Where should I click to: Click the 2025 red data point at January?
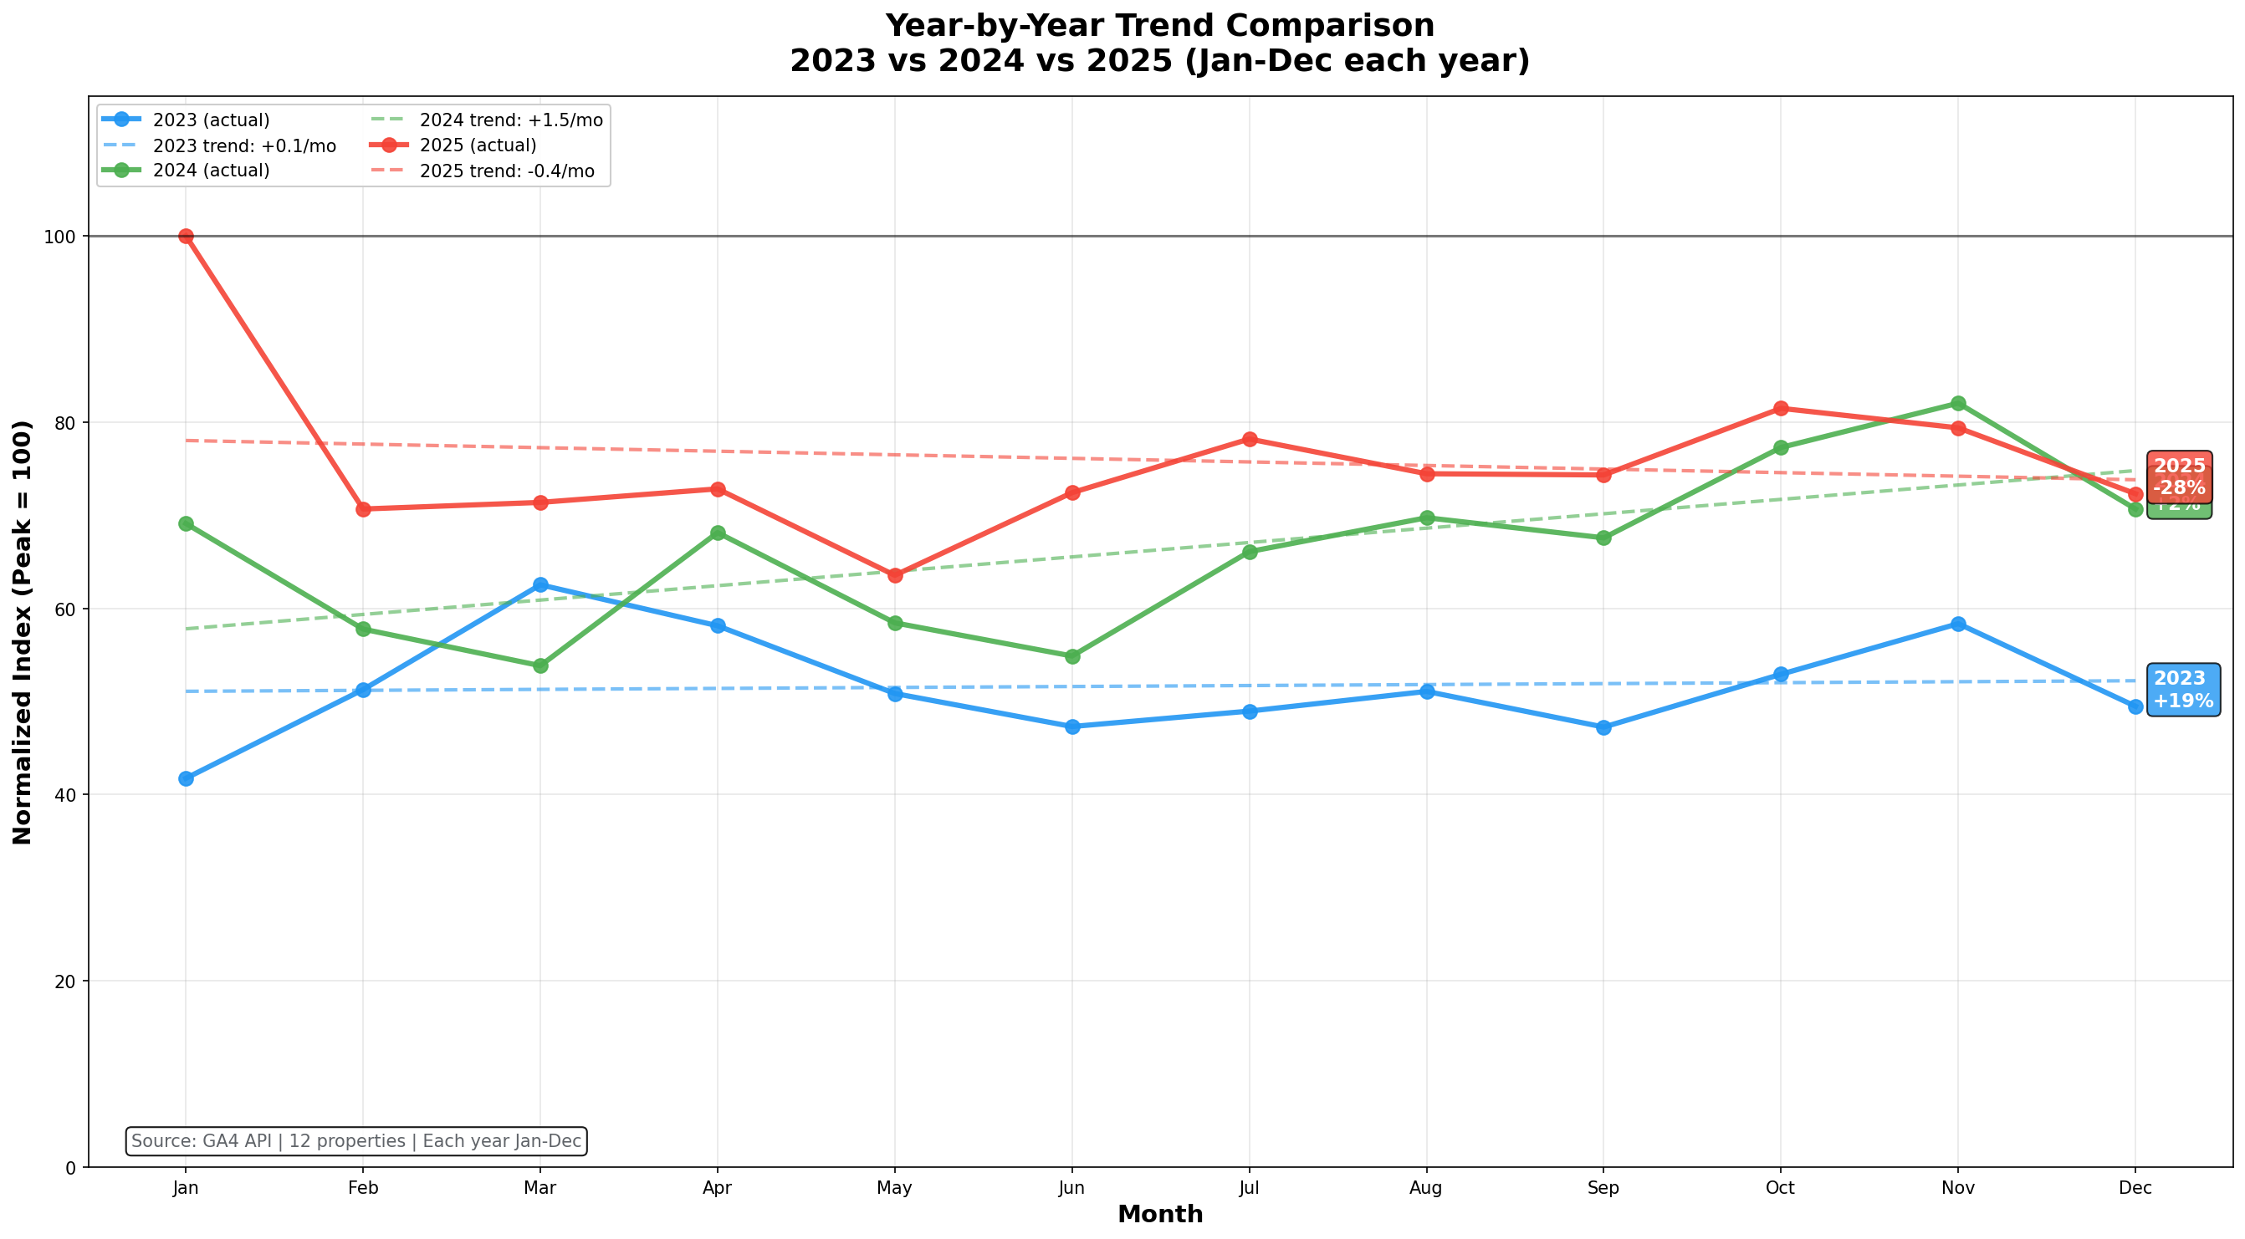pos(186,236)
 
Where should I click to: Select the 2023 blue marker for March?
pos(540,584)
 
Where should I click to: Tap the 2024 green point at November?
pos(1958,404)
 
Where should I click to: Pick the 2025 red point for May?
pos(895,575)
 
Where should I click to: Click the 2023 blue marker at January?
pos(186,778)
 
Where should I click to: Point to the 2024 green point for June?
pos(1072,656)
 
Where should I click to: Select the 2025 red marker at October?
pos(1781,409)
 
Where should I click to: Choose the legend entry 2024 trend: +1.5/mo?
pos(511,120)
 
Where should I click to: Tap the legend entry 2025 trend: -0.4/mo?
pos(506,171)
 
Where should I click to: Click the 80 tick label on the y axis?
pos(66,422)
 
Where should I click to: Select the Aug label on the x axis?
pos(1426,1188)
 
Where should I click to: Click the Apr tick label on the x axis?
pos(718,1188)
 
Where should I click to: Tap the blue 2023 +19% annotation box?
pos(2182,689)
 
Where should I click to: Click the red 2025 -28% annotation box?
pos(2179,476)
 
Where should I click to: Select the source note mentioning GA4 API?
pos(355,1140)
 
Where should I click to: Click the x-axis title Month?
pos(1160,1215)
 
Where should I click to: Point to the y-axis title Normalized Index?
pos(23,632)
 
